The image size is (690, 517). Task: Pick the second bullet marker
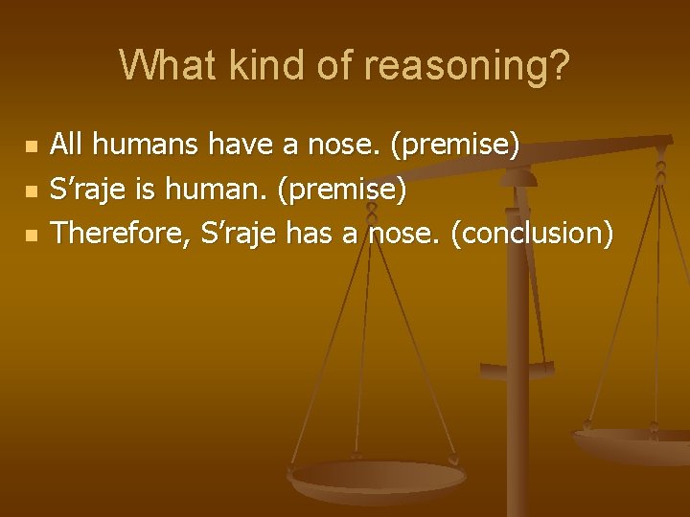(x=31, y=191)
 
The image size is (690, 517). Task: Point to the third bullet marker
(x=31, y=235)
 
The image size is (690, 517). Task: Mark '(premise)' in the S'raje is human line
(x=341, y=190)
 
